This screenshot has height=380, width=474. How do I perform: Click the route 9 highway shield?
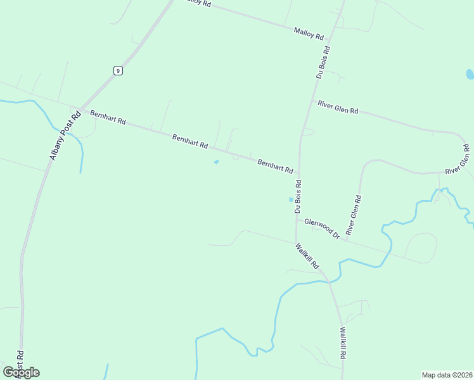[x=118, y=70]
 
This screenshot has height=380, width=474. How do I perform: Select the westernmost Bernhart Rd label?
[x=108, y=117]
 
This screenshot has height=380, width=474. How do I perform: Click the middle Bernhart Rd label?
[x=190, y=141]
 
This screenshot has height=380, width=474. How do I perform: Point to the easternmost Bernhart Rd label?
[x=275, y=167]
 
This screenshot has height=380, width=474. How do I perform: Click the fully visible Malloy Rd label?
[x=309, y=34]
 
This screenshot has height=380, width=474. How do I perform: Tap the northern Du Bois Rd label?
[x=323, y=61]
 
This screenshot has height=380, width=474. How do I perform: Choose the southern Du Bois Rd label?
[x=298, y=196]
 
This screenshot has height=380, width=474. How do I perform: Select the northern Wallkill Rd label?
[x=307, y=256]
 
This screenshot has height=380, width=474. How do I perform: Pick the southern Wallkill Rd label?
[x=342, y=343]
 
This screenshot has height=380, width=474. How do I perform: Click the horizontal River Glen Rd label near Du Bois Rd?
[x=338, y=107]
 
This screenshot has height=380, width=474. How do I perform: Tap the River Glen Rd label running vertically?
[x=353, y=216]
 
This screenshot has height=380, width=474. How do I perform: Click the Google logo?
[x=21, y=372]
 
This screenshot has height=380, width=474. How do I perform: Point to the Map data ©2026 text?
[x=447, y=374]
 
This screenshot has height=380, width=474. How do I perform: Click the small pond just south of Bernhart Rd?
[x=216, y=162]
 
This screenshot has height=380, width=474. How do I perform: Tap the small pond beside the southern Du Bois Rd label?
[x=291, y=199]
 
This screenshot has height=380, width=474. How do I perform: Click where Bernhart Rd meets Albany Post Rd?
[x=79, y=109]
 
